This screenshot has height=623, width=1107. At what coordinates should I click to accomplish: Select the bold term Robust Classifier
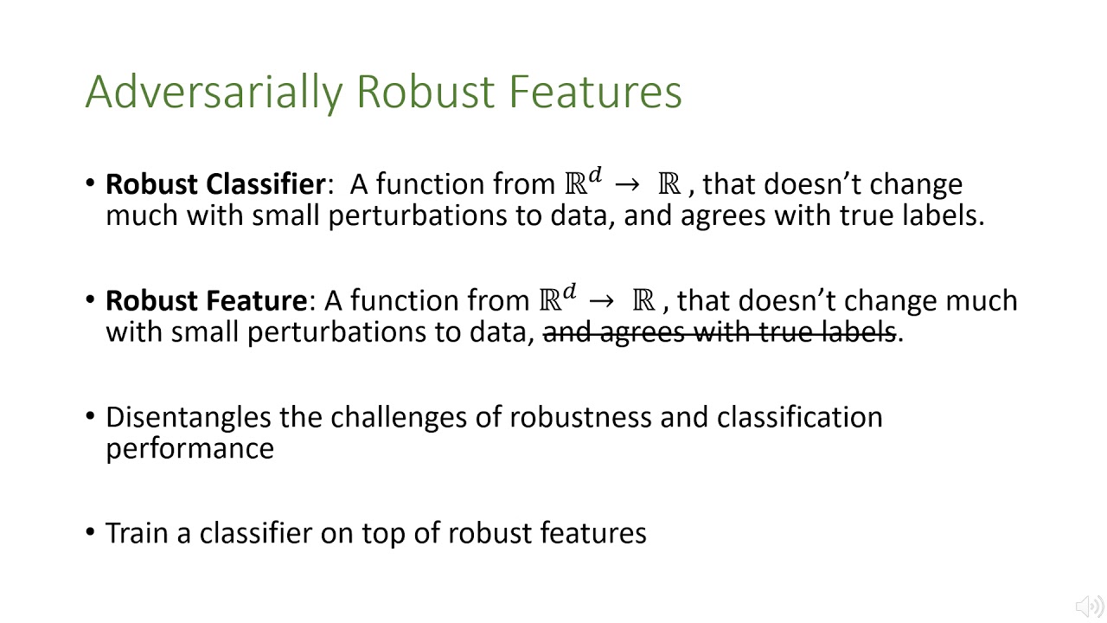(214, 184)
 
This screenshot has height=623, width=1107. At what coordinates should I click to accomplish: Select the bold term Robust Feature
(206, 301)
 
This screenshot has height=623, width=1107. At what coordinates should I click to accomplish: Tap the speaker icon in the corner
(1088, 606)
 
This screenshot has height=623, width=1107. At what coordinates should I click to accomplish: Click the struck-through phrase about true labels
(719, 331)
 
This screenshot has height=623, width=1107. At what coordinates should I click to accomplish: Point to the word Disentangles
(189, 417)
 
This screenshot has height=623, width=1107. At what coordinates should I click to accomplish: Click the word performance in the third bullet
(189, 448)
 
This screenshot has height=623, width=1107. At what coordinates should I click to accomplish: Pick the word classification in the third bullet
(799, 417)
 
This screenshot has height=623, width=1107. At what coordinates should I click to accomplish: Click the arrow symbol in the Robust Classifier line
(629, 184)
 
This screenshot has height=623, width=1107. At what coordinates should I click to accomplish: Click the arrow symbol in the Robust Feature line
(603, 301)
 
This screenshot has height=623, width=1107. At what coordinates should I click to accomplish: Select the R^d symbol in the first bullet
(582, 183)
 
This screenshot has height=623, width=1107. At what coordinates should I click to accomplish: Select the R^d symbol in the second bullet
(557, 299)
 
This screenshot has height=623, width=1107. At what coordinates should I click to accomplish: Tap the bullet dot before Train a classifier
(91, 531)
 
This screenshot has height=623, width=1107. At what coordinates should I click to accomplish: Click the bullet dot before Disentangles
(91, 415)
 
